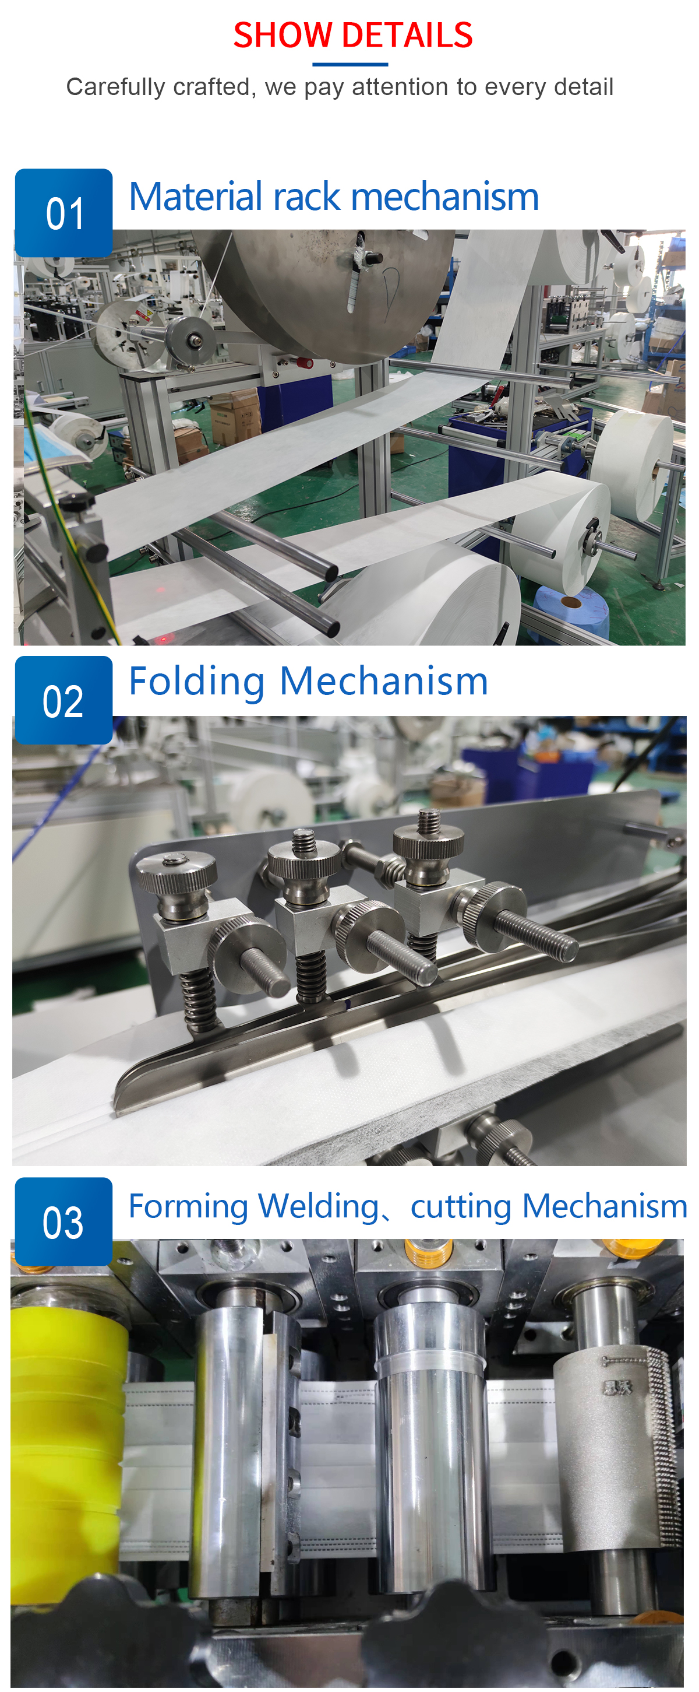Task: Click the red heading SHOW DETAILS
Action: [x=352, y=35]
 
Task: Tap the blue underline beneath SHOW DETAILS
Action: [x=350, y=64]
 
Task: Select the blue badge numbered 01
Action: [x=63, y=213]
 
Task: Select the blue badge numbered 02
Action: [x=63, y=700]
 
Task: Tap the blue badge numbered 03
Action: [x=63, y=1221]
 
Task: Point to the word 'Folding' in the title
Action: [x=197, y=682]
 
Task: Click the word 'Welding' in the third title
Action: [x=319, y=1206]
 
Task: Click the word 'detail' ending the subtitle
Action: [x=584, y=86]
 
